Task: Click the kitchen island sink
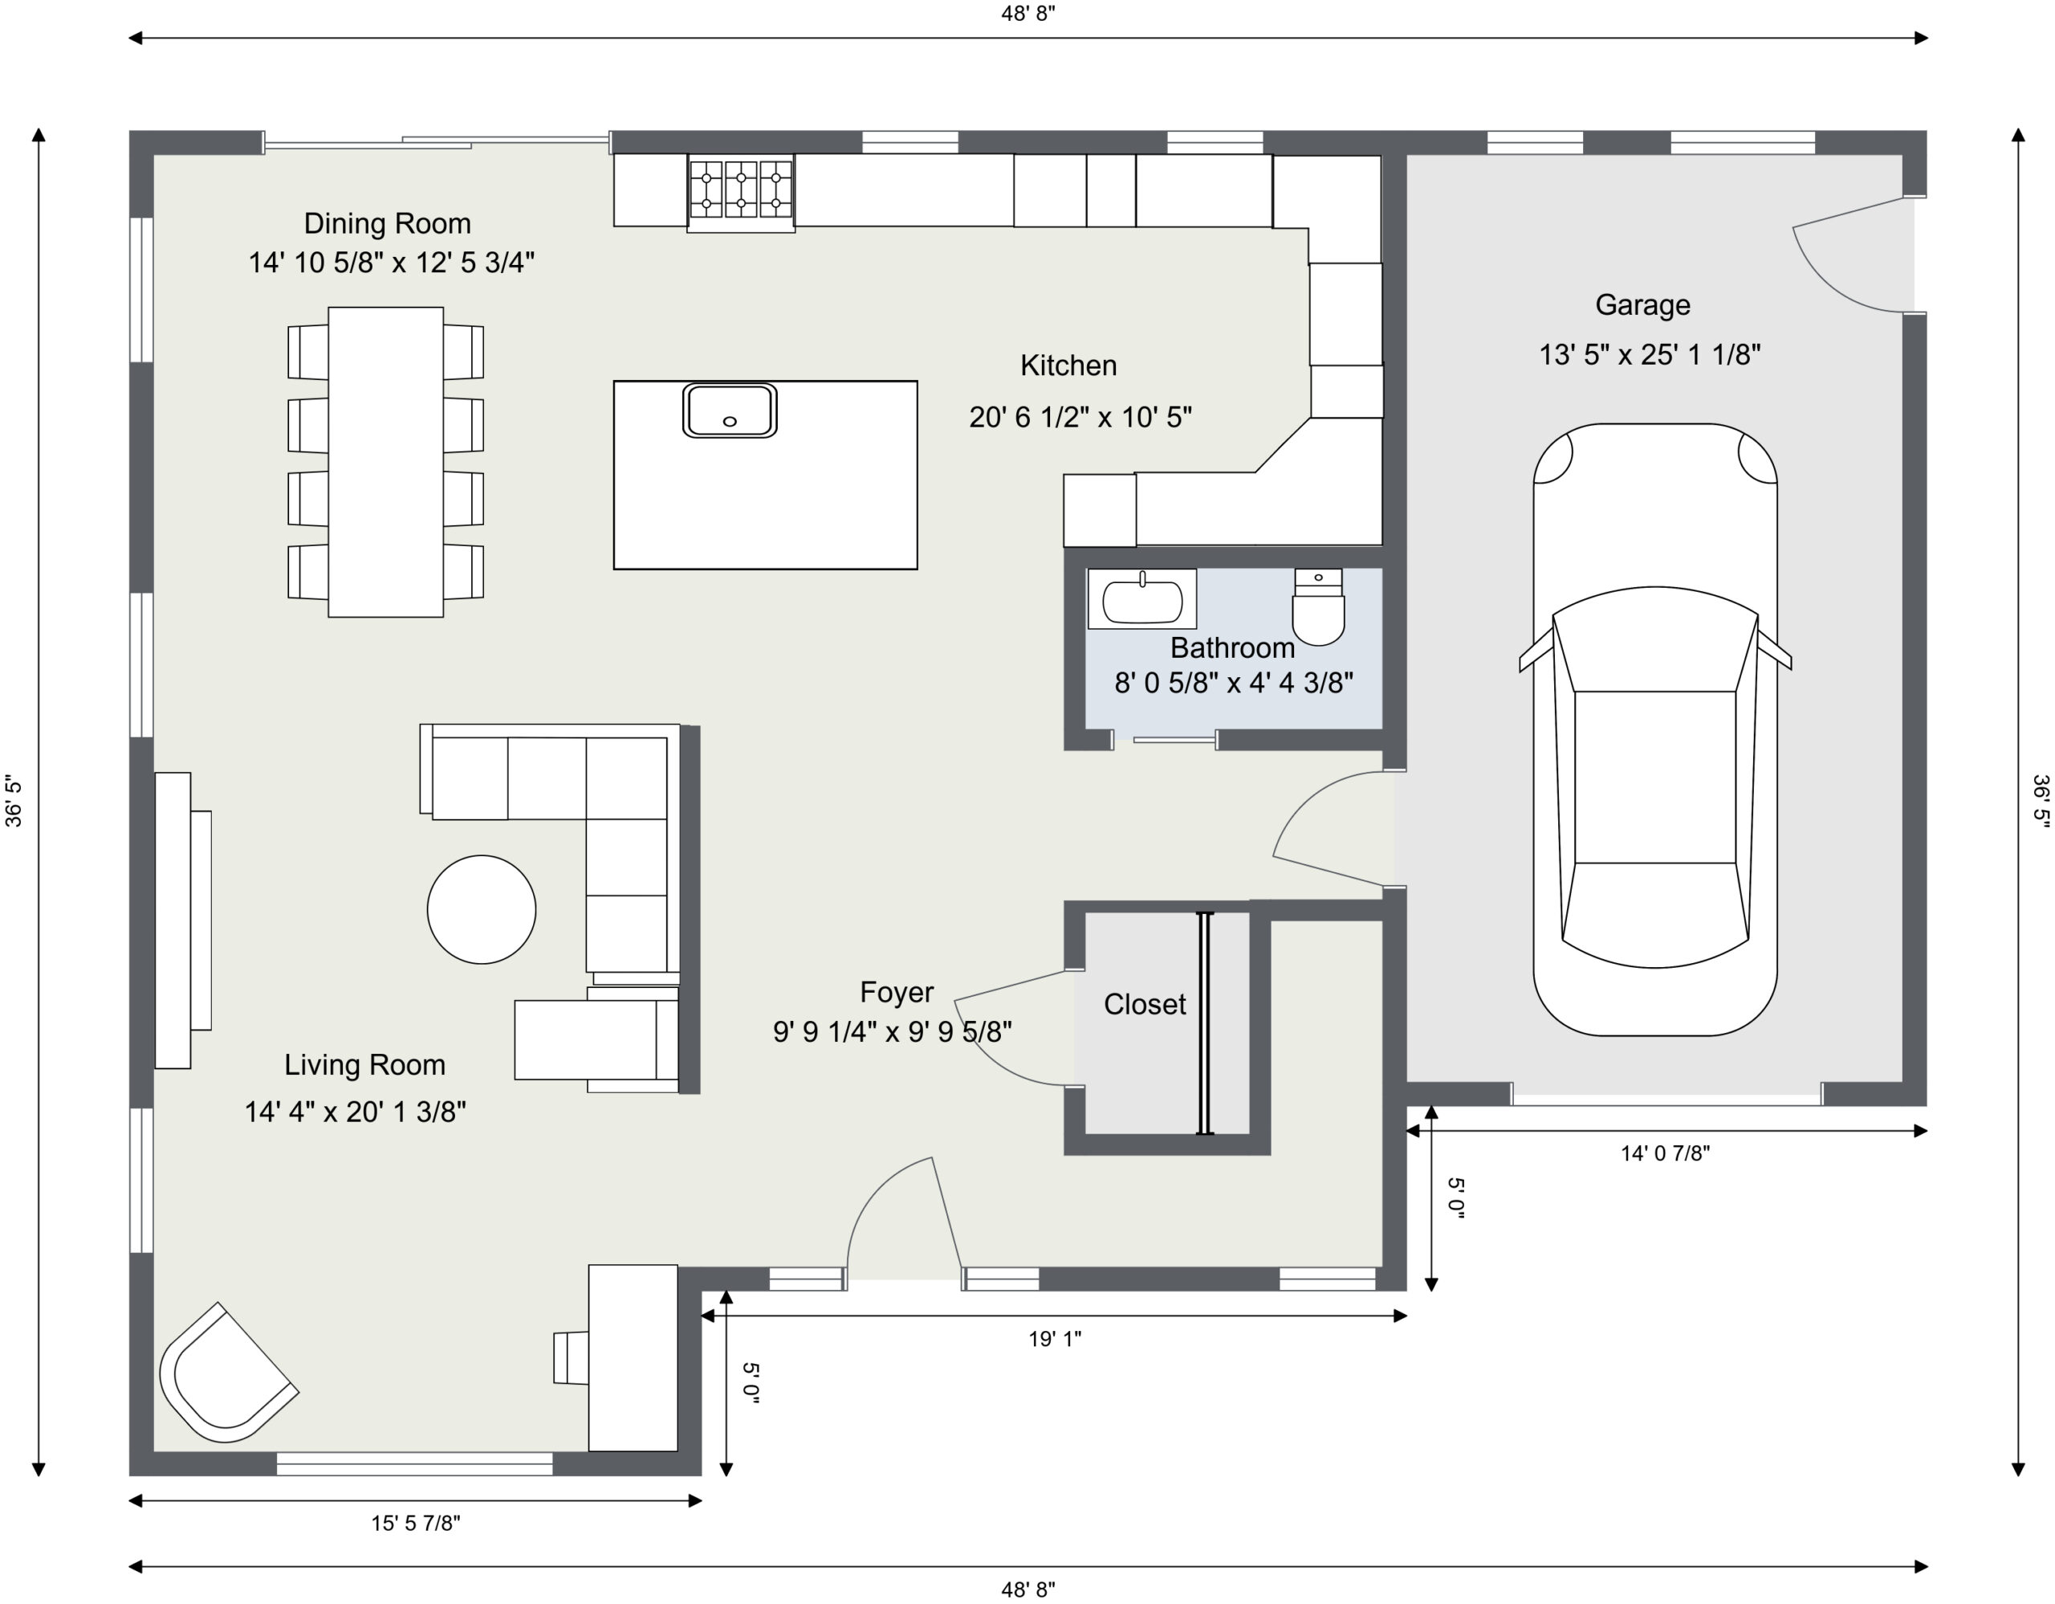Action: click(x=729, y=410)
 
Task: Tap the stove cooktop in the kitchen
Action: click(x=740, y=193)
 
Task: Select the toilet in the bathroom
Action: click(x=1318, y=607)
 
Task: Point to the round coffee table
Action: click(x=482, y=909)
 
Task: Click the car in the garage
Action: click(x=1655, y=729)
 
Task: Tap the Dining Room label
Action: click(x=387, y=223)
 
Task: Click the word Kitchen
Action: click(x=1068, y=365)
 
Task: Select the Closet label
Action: click(x=1144, y=1004)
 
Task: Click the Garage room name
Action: click(x=1642, y=305)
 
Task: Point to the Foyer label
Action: click(x=896, y=992)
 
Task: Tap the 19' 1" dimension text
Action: click(x=1055, y=1339)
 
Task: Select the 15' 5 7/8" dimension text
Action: click(x=415, y=1523)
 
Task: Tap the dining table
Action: click(x=386, y=462)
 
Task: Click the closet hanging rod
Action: click(x=1204, y=1023)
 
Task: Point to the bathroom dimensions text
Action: click(x=1234, y=683)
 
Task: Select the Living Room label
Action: click(x=364, y=1064)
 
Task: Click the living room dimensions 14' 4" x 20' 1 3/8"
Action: click(x=355, y=1112)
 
